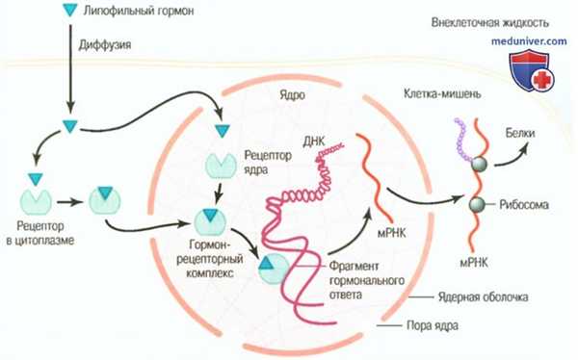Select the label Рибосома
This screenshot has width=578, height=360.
click(525, 205)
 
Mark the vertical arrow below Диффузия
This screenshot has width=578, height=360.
click(67, 82)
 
